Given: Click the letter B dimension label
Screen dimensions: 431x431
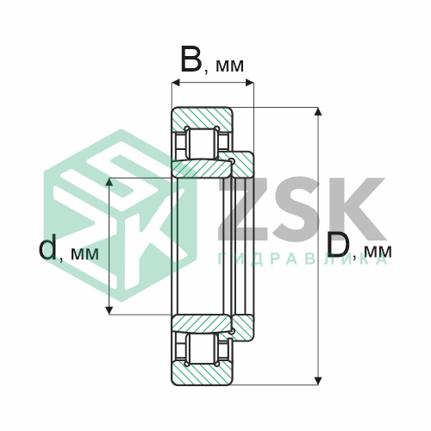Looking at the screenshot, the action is [x=191, y=59].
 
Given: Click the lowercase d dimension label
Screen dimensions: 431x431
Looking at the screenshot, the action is [x=47, y=247].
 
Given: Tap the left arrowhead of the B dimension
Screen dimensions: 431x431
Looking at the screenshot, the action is [x=176, y=83].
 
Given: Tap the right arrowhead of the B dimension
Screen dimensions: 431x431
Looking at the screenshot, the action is [x=250, y=83].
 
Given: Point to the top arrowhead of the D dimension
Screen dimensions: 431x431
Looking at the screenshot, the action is [x=318, y=111].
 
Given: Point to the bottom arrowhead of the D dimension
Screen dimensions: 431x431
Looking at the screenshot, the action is [x=318, y=380].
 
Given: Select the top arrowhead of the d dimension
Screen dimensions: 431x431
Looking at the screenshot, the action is [x=109, y=182].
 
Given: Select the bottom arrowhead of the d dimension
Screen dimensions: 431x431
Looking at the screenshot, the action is [x=109, y=310].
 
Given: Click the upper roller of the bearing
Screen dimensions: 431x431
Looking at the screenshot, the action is [x=202, y=143].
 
